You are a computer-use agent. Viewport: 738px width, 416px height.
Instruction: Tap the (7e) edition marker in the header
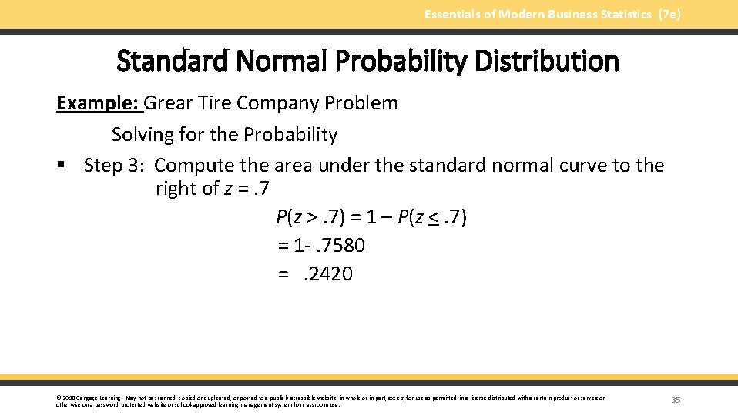669,14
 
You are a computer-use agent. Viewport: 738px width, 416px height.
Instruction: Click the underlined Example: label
99,103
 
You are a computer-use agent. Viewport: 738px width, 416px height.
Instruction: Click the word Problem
363,103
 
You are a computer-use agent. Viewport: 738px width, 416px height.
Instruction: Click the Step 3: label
116,166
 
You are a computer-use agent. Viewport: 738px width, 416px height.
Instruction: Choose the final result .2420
330,274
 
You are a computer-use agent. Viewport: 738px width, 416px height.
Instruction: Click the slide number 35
676,400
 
